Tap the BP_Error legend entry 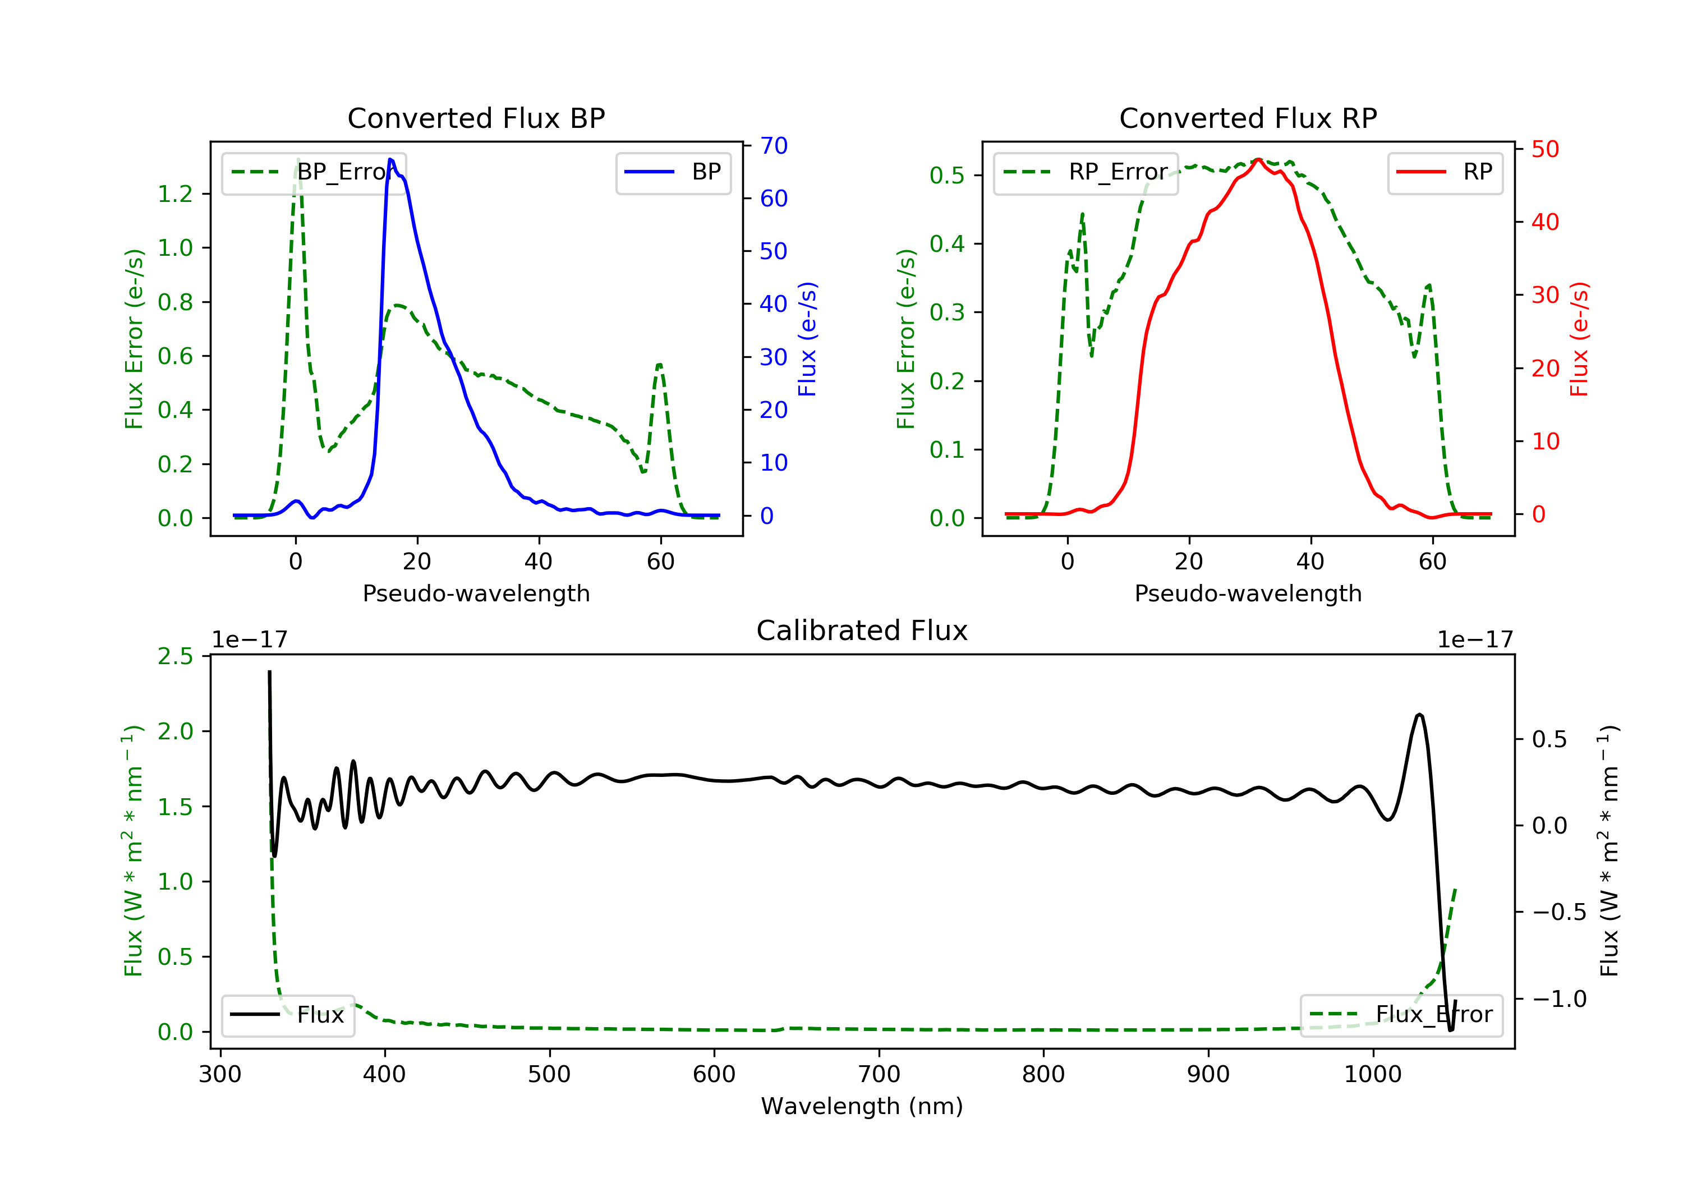(x=314, y=172)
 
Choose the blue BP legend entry (x=673, y=172)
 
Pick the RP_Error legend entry (x=1086, y=172)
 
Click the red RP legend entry (x=1445, y=172)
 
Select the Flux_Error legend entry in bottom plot (x=1401, y=1015)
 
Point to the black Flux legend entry (x=288, y=1015)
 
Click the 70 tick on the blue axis (x=773, y=146)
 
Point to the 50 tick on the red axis (x=1544, y=150)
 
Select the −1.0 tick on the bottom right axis (x=1558, y=999)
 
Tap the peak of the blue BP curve (x=390, y=159)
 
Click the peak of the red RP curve (x=1258, y=159)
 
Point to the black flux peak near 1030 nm (x=1420, y=714)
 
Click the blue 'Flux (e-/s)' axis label (x=807, y=339)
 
